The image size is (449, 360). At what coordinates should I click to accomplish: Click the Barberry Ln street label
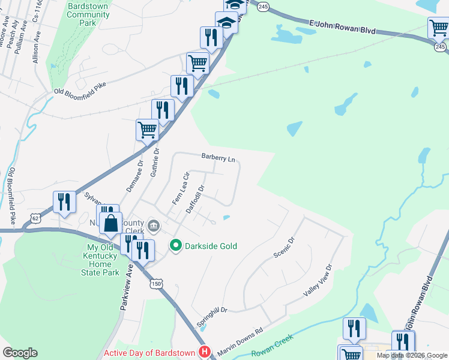pyautogui.click(x=218, y=158)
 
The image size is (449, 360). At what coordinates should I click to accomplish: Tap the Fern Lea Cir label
pyautogui.click(x=181, y=188)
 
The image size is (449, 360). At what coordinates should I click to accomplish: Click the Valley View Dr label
pyautogui.click(x=318, y=280)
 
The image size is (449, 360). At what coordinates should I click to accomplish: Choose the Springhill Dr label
pyautogui.click(x=212, y=318)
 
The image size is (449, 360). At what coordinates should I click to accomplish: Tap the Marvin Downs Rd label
pyautogui.click(x=241, y=340)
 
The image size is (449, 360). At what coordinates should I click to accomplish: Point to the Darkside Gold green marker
pyautogui.click(x=176, y=245)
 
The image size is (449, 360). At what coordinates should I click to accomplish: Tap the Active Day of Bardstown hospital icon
pyautogui.click(x=205, y=352)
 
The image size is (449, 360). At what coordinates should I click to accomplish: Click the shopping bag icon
pyautogui.click(x=111, y=224)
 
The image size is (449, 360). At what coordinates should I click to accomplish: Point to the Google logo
pyautogui.click(x=20, y=353)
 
